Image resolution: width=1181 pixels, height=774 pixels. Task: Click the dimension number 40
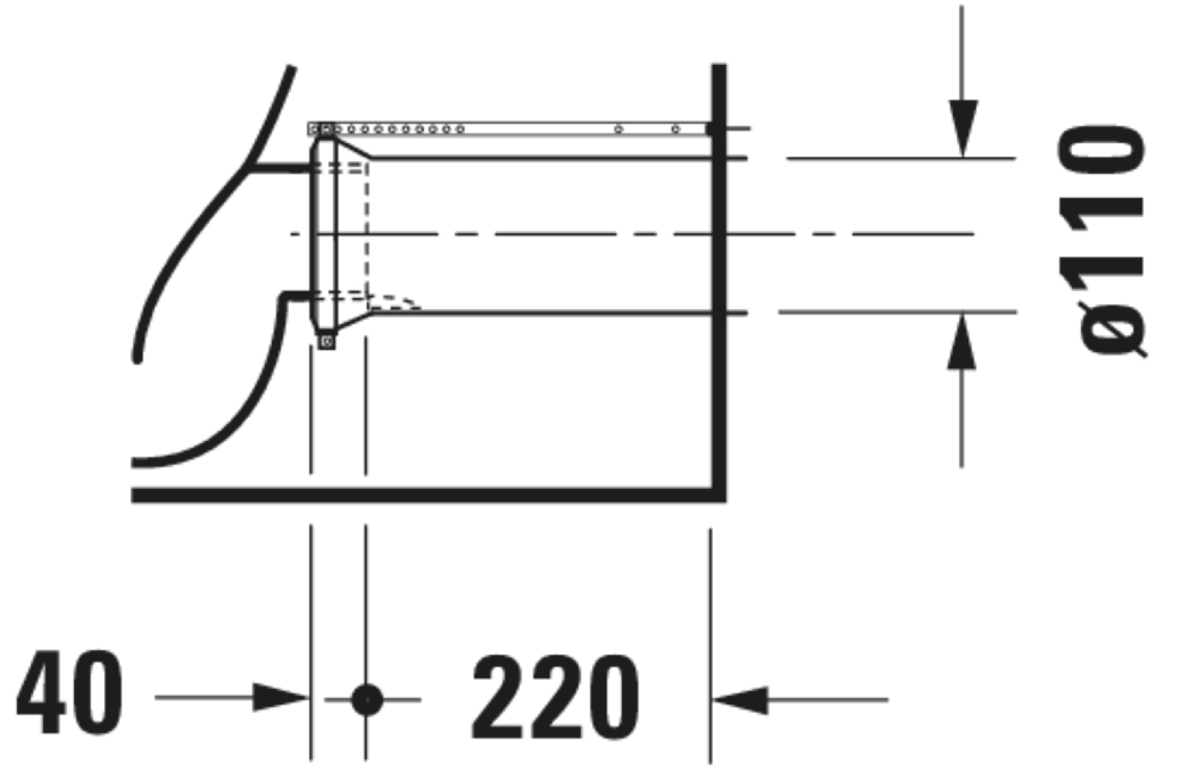(x=69, y=692)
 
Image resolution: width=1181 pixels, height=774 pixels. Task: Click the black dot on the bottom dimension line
(x=367, y=700)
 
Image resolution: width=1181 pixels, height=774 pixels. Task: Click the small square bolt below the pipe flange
(x=326, y=342)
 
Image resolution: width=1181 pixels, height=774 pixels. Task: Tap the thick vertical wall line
(x=720, y=283)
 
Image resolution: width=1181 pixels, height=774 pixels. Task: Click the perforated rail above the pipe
(x=509, y=129)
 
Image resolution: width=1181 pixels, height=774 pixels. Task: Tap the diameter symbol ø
(x=1113, y=330)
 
